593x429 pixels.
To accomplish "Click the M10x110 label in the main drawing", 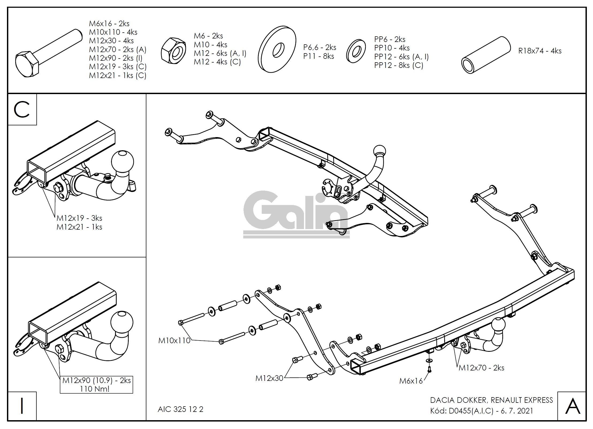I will click(x=174, y=341).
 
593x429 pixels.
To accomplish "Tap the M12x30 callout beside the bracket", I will click(x=269, y=378).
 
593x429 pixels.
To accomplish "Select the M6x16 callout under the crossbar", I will click(x=411, y=381).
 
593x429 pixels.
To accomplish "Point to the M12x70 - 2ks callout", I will click(x=481, y=368).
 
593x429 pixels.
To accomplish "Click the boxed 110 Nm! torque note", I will click(x=95, y=389).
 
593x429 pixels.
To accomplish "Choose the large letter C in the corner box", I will click(x=22, y=110).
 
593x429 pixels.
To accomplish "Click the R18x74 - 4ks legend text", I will click(x=540, y=51).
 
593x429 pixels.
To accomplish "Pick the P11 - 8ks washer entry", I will click(x=318, y=56).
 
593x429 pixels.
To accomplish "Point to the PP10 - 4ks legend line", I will click(x=392, y=48).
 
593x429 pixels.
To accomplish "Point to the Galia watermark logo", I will click(x=296, y=214).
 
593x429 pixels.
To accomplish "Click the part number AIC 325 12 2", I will click(x=180, y=409).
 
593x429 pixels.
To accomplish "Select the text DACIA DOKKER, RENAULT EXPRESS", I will click(x=491, y=400).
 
